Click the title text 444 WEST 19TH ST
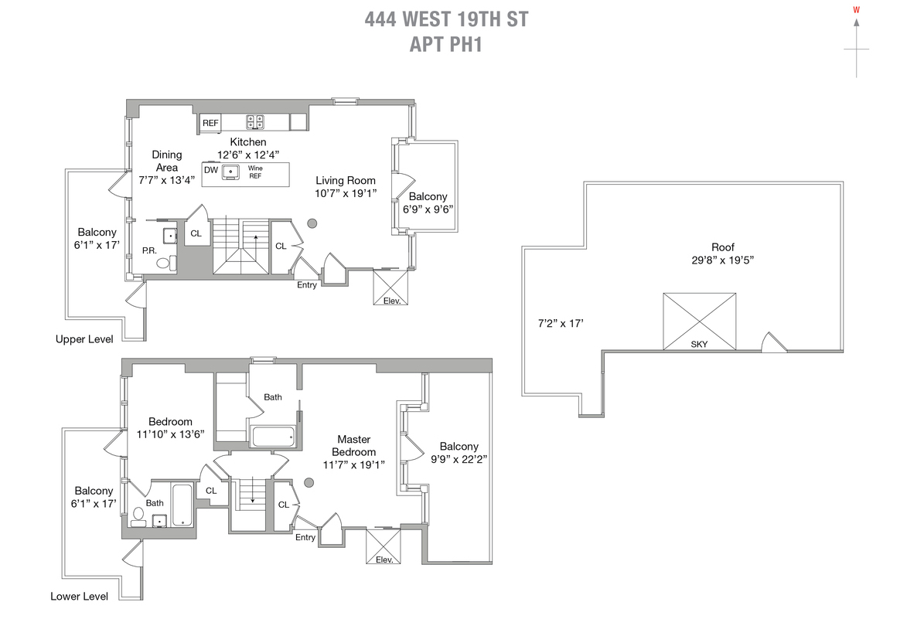coord(446,19)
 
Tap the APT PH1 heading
coord(446,44)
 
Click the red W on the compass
coord(856,10)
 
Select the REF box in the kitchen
coord(210,123)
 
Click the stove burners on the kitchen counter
coord(255,122)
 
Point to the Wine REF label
coord(254,172)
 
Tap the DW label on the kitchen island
coord(211,170)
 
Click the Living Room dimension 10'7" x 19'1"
coord(346,193)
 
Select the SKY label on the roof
coord(699,344)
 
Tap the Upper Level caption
coord(84,339)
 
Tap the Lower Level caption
coord(79,596)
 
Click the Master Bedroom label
coord(353,446)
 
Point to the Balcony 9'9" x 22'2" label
coord(459,452)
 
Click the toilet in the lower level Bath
coord(139,515)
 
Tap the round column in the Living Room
coord(312,224)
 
